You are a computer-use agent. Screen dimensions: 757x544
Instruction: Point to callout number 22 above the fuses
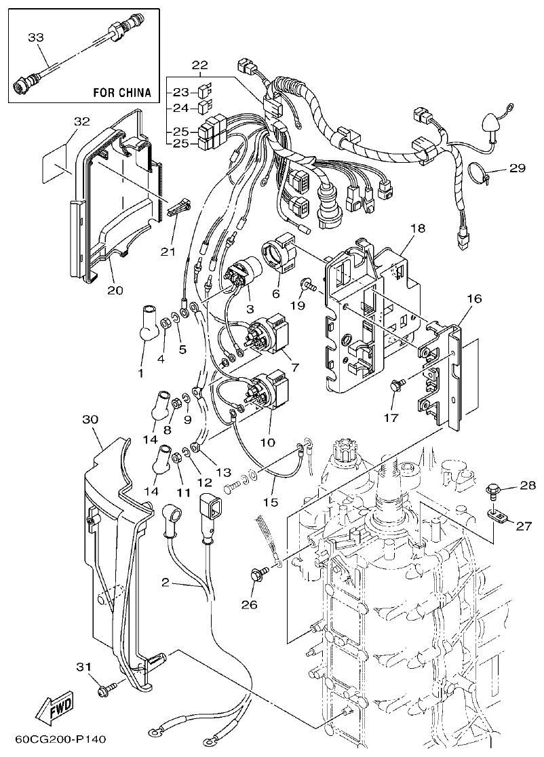200,64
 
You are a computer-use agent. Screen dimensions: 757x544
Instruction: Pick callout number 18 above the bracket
418,229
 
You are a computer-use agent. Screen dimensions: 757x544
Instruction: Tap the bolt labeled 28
493,488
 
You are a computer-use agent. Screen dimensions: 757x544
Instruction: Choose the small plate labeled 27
500,517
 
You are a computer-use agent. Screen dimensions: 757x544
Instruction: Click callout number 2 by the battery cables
166,581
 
